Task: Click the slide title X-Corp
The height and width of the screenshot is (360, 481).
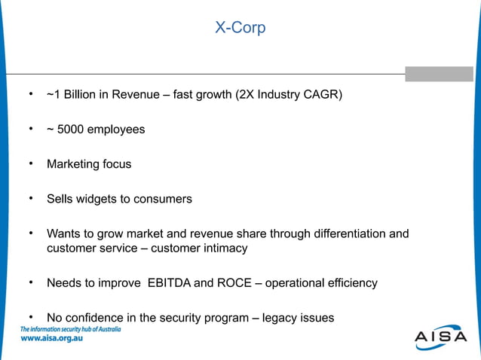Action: [240, 29]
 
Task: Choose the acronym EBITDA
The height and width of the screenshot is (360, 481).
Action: [165, 283]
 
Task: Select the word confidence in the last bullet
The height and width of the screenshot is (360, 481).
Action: [97, 318]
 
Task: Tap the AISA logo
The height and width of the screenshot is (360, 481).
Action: [440, 337]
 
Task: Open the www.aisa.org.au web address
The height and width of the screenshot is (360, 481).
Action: [51, 339]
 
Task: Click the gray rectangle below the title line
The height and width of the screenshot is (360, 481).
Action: [439, 74]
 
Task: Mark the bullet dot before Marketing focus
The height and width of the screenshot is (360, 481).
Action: [31, 163]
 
